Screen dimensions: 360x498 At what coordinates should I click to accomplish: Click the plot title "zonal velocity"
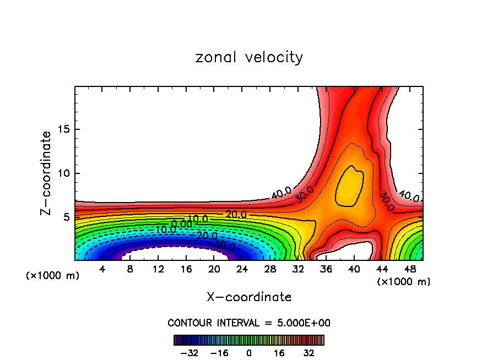(x=249, y=57)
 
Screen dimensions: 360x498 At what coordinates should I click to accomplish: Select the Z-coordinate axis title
(x=46, y=173)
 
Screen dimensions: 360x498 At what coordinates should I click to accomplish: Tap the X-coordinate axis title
(x=249, y=297)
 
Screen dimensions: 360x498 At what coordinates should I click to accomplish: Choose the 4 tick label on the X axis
(x=102, y=269)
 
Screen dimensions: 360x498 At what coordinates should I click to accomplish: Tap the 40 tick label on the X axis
(x=354, y=269)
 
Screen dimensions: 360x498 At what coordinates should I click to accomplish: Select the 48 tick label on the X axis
(x=410, y=269)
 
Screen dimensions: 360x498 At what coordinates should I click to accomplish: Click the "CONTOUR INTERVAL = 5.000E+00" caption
(x=249, y=323)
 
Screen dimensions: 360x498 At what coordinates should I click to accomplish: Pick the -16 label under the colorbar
(x=220, y=352)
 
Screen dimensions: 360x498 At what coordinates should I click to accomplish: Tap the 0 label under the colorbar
(x=249, y=352)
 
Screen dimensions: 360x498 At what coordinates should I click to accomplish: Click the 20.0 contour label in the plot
(x=236, y=215)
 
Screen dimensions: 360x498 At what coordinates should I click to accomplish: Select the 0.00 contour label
(x=181, y=223)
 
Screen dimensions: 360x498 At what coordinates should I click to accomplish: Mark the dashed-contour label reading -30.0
(x=224, y=244)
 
